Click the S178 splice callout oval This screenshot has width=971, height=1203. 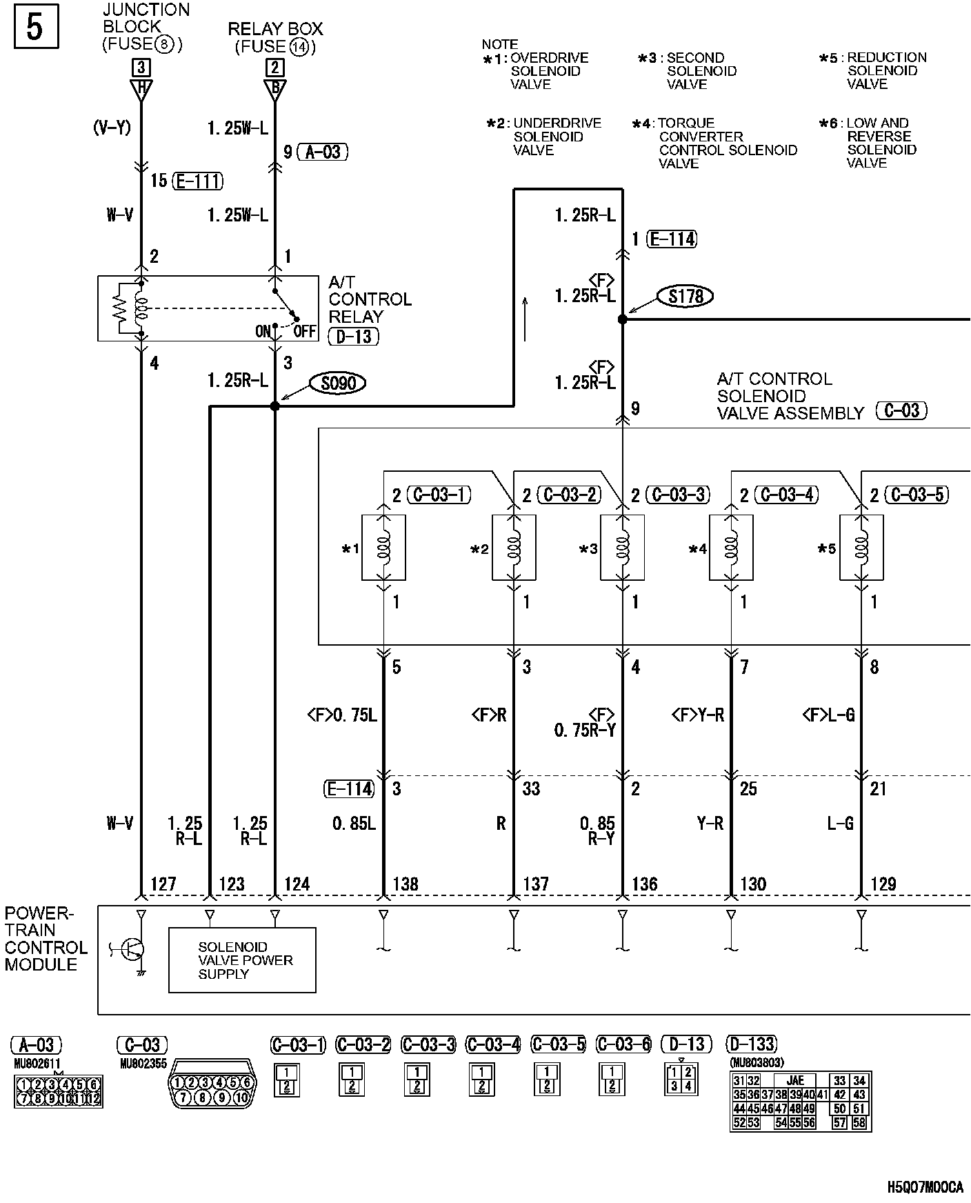click(x=685, y=296)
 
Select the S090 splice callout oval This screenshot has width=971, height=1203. click(x=338, y=383)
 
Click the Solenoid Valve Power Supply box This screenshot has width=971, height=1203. click(x=242, y=960)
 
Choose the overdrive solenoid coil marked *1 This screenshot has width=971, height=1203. click(x=383, y=548)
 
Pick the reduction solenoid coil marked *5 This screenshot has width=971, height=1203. click(x=861, y=548)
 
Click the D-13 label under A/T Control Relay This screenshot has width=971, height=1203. click(x=354, y=337)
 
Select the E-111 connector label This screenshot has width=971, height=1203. click(x=197, y=181)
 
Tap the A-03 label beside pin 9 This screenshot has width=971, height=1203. click(x=323, y=152)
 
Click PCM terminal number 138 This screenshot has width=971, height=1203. click(x=406, y=884)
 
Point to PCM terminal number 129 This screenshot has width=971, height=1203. click(x=883, y=884)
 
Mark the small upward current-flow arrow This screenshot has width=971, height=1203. click(x=525, y=319)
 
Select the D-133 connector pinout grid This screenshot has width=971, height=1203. click(x=801, y=1101)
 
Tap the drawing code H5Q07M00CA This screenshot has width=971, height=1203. click(x=924, y=1187)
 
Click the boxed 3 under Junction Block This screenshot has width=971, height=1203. click(x=141, y=67)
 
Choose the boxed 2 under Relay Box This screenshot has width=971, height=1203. click(x=274, y=67)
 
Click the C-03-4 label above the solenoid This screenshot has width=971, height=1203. click(x=786, y=495)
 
